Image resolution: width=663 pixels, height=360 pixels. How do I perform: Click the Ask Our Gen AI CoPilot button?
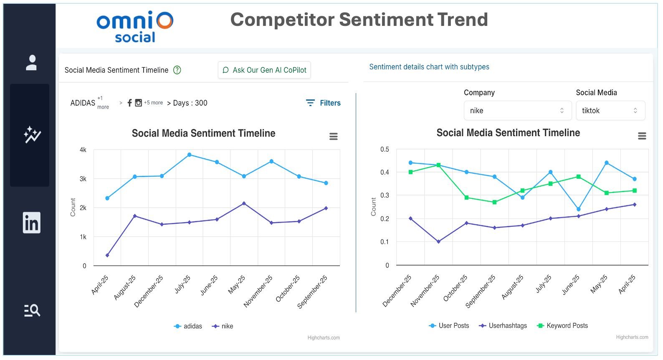tap(264, 70)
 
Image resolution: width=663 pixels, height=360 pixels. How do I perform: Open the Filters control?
tap(324, 103)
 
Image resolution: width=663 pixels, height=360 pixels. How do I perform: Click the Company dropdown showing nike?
tap(517, 111)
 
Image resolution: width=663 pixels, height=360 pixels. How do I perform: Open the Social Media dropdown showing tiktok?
tap(610, 111)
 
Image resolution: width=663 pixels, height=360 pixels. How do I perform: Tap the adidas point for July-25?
tap(190, 155)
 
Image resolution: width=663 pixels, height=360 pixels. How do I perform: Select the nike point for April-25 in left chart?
tap(107, 256)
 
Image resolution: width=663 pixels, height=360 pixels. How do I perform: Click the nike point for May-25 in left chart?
tap(244, 203)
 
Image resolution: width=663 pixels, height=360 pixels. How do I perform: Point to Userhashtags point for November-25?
tap(438, 242)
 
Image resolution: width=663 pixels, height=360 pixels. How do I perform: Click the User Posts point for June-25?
tap(579, 209)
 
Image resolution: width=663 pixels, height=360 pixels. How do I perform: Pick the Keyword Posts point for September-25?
tap(495, 202)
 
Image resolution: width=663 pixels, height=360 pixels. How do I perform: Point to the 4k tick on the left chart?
tap(83, 150)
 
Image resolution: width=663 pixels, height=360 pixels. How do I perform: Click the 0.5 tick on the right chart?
tap(385, 150)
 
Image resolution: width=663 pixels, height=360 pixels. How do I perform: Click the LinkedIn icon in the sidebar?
tap(31, 223)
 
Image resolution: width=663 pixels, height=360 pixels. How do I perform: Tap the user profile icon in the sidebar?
tap(31, 63)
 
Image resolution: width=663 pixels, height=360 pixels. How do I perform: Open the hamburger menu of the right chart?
tap(642, 136)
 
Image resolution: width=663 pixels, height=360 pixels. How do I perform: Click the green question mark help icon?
tap(177, 70)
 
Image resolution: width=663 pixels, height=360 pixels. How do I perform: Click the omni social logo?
tap(134, 27)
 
